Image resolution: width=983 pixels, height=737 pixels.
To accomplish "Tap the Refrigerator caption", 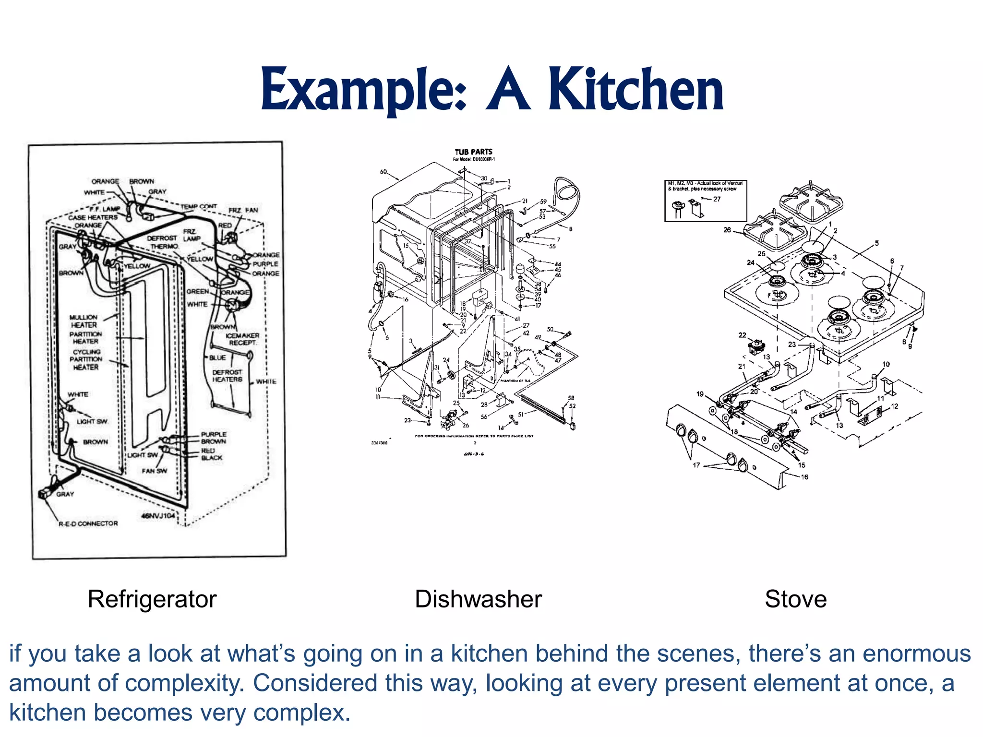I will pyautogui.click(x=152, y=599).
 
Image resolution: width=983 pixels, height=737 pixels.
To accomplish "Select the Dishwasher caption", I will pyautogui.click(x=478, y=599).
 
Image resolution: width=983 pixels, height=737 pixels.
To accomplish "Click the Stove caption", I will pyautogui.click(x=795, y=599).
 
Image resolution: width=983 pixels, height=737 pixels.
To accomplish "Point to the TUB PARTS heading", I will pyautogui.click(x=473, y=152).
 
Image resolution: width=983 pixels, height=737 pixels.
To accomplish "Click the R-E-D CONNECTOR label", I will pyautogui.click(x=88, y=523).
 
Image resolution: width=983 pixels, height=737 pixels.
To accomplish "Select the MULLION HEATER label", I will pyautogui.click(x=84, y=321).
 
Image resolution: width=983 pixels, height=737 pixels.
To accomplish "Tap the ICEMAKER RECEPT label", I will pyautogui.click(x=242, y=339).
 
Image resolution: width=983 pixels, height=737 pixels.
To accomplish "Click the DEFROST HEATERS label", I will pyautogui.click(x=227, y=376).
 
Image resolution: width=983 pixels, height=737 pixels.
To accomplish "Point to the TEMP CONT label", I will pyautogui.click(x=199, y=206).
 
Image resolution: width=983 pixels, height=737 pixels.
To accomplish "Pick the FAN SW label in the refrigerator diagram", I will pyautogui.click(x=154, y=471).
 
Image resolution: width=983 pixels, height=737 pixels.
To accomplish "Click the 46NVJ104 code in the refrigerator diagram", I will pyautogui.click(x=158, y=515).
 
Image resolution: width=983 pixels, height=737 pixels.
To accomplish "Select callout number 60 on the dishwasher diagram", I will pyautogui.click(x=383, y=171).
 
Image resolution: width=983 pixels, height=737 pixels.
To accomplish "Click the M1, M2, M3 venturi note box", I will pyautogui.click(x=705, y=201).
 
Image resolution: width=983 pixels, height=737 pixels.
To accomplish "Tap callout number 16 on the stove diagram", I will pyautogui.click(x=804, y=477).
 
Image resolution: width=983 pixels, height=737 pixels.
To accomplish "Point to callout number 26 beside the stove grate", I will pyautogui.click(x=727, y=230).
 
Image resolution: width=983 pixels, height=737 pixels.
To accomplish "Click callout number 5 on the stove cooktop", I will pyautogui.click(x=876, y=243).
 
